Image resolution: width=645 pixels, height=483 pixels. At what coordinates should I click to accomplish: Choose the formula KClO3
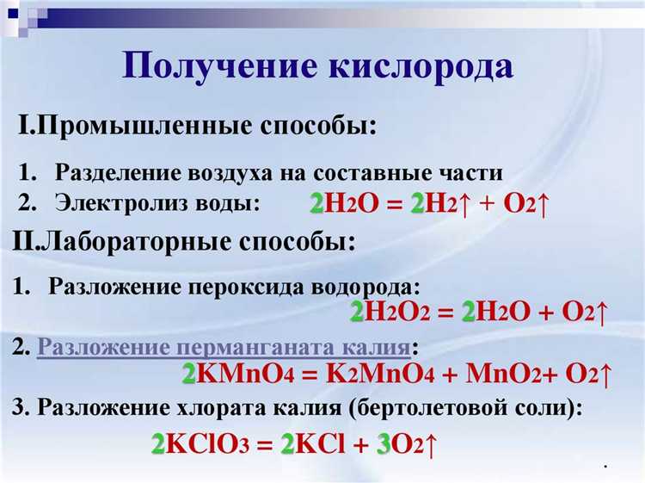coord(207,445)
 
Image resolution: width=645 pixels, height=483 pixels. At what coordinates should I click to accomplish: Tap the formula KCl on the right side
coord(321,445)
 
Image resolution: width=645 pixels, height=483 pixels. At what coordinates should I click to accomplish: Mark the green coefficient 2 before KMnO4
coord(188,375)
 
